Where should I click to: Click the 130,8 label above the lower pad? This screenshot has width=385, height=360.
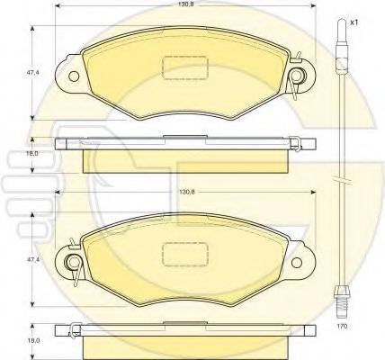[x=185, y=192]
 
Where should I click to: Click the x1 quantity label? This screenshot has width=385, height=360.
[x=354, y=22]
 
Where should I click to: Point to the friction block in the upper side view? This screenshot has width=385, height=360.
[x=184, y=159]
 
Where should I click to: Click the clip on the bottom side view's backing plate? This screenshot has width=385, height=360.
[x=72, y=333]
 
